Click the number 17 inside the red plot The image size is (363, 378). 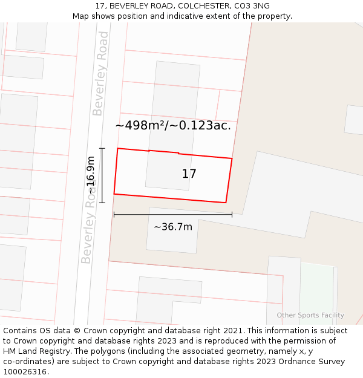(x=189, y=174)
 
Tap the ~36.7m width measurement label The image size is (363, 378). (x=173, y=227)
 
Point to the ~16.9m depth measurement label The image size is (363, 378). (x=90, y=175)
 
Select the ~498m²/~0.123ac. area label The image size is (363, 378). (x=173, y=125)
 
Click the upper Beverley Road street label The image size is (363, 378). (x=100, y=74)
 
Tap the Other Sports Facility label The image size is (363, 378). (x=310, y=315)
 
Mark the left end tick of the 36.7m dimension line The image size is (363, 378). (x=114, y=214)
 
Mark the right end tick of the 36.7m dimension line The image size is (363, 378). (x=232, y=214)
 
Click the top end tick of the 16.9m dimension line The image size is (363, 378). (x=102, y=148)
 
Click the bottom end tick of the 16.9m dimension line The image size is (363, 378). (x=102, y=202)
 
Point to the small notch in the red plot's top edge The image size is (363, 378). (x=178, y=153)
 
